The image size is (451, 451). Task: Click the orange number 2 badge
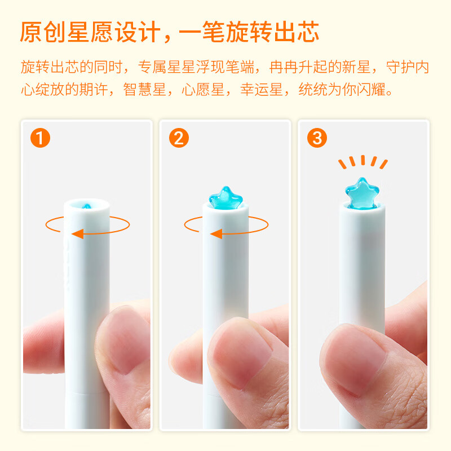179,138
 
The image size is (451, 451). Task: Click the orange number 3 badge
317,138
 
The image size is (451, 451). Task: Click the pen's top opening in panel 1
87,205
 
